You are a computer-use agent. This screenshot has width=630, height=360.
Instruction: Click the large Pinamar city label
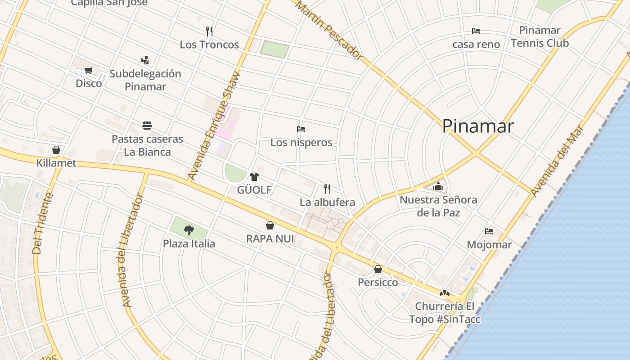click(x=478, y=126)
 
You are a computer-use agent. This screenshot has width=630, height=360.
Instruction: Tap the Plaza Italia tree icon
click(x=189, y=230)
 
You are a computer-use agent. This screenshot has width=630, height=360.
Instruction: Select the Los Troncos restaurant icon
click(x=209, y=31)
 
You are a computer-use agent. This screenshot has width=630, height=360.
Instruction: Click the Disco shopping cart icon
click(x=89, y=70)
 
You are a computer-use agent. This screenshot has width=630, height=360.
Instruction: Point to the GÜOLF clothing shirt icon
click(x=254, y=176)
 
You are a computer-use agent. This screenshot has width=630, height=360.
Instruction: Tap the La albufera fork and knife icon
click(x=327, y=189)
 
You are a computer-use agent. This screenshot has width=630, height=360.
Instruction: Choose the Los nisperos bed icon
click(x=301, y=129)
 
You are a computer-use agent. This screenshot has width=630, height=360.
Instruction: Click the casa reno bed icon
click(x=476, y=31)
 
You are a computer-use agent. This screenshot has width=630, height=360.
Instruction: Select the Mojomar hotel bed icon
click(x=489, y=231)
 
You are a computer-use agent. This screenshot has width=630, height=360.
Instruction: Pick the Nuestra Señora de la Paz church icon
click(x=438, y=186)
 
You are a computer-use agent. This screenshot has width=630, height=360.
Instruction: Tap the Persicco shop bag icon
click(x=378, y=269)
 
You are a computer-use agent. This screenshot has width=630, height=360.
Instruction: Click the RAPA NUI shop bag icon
click(x=270, y=225)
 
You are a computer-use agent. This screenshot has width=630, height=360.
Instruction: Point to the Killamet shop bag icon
click(x=56, y=149)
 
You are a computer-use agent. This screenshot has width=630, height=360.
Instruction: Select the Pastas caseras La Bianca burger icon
click(x=147, y=125)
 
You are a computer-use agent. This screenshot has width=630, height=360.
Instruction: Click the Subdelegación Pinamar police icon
click(x=145, y=60)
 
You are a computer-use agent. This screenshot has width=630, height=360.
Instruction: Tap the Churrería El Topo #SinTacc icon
click(x=445, y=293)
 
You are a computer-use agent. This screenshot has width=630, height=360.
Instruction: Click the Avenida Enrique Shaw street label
click(x=214, y=126)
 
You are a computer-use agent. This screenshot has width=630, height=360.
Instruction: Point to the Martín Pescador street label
click(x=329, y=31)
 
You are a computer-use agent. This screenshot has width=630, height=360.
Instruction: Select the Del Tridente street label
click(x=43, y=223)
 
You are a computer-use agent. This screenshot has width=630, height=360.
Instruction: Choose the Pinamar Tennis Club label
click(x=540, y=37)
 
